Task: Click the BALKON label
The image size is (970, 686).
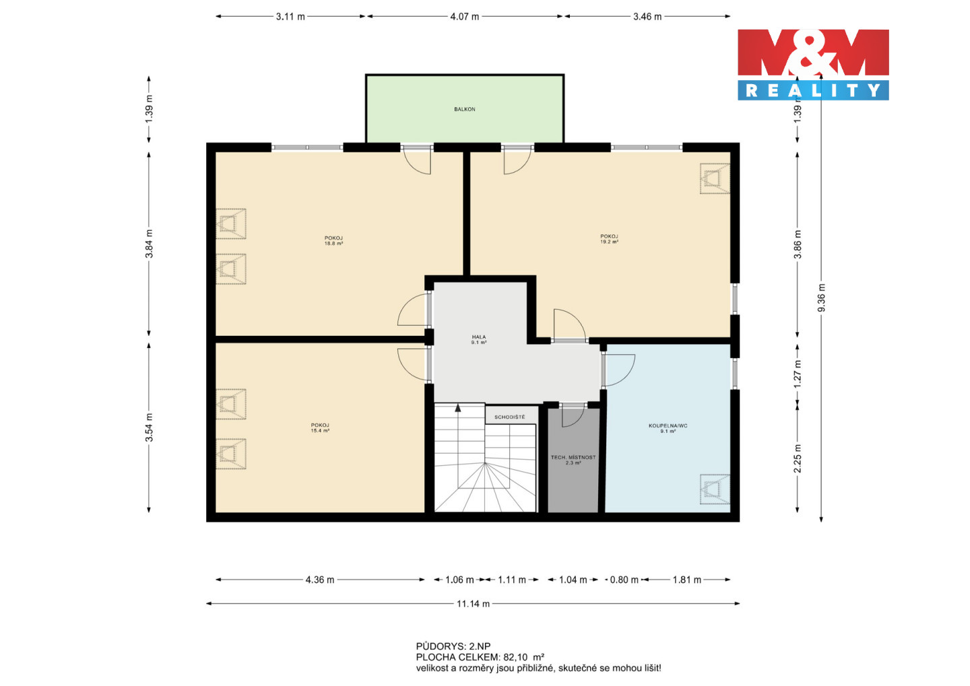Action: coord(465,110)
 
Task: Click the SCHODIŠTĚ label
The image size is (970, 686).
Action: coord(510,417)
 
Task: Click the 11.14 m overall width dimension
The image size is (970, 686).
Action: coord(473,604)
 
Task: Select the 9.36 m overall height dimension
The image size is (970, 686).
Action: coord(822,298)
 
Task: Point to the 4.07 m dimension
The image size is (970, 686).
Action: coord(465,17)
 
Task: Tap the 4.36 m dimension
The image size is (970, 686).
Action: coord(320,580)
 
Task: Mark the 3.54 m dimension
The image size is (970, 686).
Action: coord(149,427)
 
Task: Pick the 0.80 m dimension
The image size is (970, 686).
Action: coord(624,580)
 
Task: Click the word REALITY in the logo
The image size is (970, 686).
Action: coord(813,90)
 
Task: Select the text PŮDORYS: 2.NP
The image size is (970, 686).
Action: coord(453,646)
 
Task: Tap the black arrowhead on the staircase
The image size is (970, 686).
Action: coord(458,408)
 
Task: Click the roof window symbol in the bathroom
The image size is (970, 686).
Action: coord(715,489)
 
